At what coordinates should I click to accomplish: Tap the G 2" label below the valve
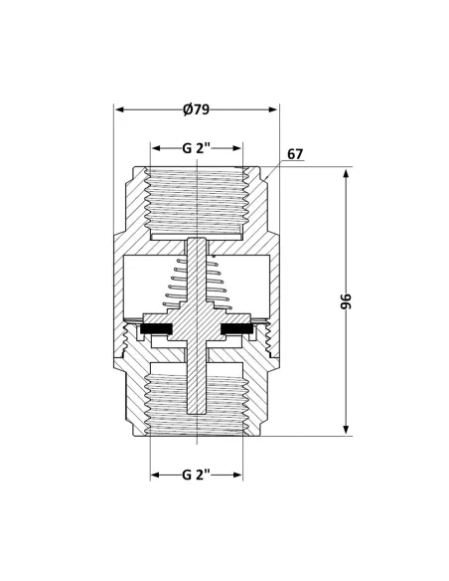(197, 475)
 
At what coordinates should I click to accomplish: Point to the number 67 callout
(294, 154)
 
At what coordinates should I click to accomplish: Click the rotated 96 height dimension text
(346, 302)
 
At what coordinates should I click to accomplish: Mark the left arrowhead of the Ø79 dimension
(119, 108)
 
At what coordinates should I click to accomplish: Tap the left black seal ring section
(157, 329)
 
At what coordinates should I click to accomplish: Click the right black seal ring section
(235, 329)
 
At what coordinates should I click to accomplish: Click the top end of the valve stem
(199, 242)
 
